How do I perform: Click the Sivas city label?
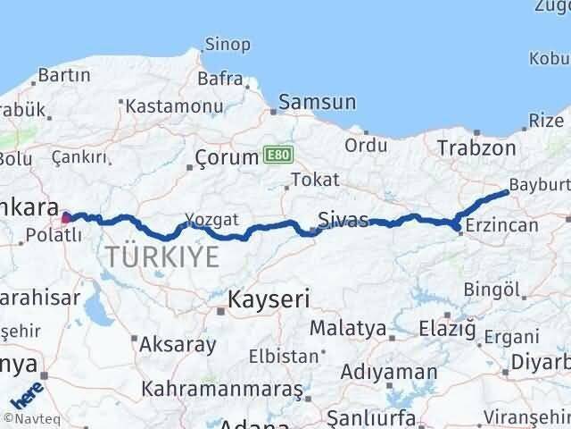pyautogui.click(x=343, y=218)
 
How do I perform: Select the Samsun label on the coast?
pyautogui.click(x=318, y=103)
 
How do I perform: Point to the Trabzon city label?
pyautogui.click(x=476, y=147)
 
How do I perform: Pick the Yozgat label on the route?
pyautogui.click(x=211, y=217)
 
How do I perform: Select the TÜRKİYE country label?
pyautogui.click(x=161, y=257)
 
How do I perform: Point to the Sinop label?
pyautogui.click(x=228, y=44)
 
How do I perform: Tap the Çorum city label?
pyautogui.click(x=226, y=161)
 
